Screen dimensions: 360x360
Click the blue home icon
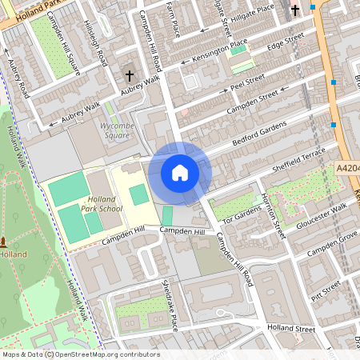[x=180, y=173]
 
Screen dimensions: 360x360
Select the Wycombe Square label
[x=116, y=130]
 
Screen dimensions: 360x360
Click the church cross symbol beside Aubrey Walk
[x=130, y=75]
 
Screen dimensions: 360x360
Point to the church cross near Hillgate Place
[x=295, y=10]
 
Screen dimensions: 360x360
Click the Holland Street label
[x=292, y=328]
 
